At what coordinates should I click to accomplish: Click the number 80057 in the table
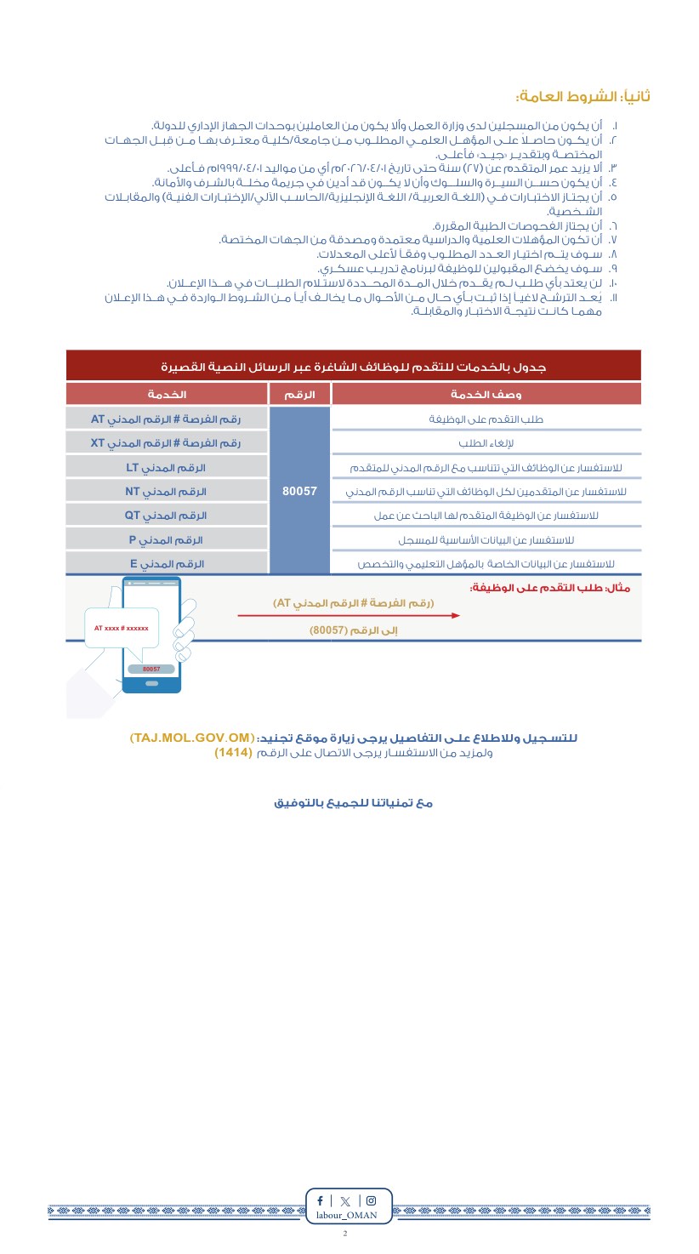pyautogui.click(x=298, y=491)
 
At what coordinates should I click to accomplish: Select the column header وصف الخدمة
pyautogui.click(x=486, y=394)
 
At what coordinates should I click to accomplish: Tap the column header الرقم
pyautogui.click(x=298, y=394)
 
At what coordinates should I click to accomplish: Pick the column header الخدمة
pyautogui.click(x=167, y=394)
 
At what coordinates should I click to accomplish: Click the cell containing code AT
pyautogui.click(x=167, y=419)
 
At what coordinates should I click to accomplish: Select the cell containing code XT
pyautogui.click(x=167, y=442)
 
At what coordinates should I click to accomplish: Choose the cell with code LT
pyautogui.click(x=167, y=467)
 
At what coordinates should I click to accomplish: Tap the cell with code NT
pyautogui.click(x=167, y=491)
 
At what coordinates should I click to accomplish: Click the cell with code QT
pyautogui.click(x=167, y=515)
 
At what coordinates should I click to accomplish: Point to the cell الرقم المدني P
pyautogui.click(x=167, y=539)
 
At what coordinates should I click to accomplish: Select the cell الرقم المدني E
pyautogui.click(x=167, y=563)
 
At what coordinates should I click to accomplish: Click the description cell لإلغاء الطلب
pyautogui.click(x=486, y=442)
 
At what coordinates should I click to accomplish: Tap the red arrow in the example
pyautogui.click(x=349, y=615)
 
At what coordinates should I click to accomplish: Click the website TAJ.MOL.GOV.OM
pyautogui.click(x=192, y=738)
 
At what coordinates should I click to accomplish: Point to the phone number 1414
pyautogui.click(x=233, y=753)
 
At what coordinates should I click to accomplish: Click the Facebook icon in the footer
pyautogui.click(x=321, y=1200)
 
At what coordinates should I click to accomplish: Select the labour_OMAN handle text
pyautogui.click(x=346, y=1215)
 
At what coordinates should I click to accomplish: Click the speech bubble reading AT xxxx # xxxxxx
pyautogui.click(x=121, y=628)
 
